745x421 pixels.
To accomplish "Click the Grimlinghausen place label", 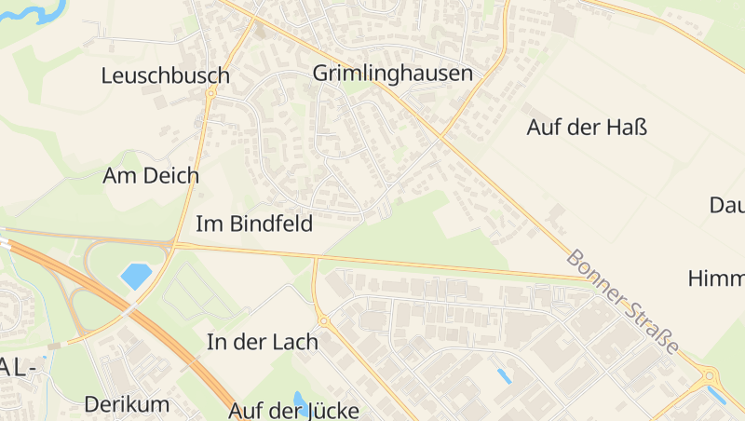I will point(393,74).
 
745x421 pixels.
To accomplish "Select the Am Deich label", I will point(151,175).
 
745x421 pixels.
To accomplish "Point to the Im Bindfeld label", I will point(253,224).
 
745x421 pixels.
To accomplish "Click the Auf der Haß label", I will point(587,128).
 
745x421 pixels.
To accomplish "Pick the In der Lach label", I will point(262,342).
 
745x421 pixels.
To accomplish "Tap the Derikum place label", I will point(127,404).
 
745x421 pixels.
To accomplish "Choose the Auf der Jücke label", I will point(294,410).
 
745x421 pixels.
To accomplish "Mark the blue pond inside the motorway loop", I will point(136,276).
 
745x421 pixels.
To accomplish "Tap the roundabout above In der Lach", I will point(323,321).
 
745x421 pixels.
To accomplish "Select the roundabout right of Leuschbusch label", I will point(212,92).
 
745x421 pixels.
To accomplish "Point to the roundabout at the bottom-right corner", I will point(711,376).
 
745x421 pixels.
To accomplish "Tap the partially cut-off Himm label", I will point(717,278).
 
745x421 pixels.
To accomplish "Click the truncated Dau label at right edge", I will point(726,205).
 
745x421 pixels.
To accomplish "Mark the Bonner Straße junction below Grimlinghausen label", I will point(441,140).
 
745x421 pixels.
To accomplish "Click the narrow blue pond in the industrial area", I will point(504,376).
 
